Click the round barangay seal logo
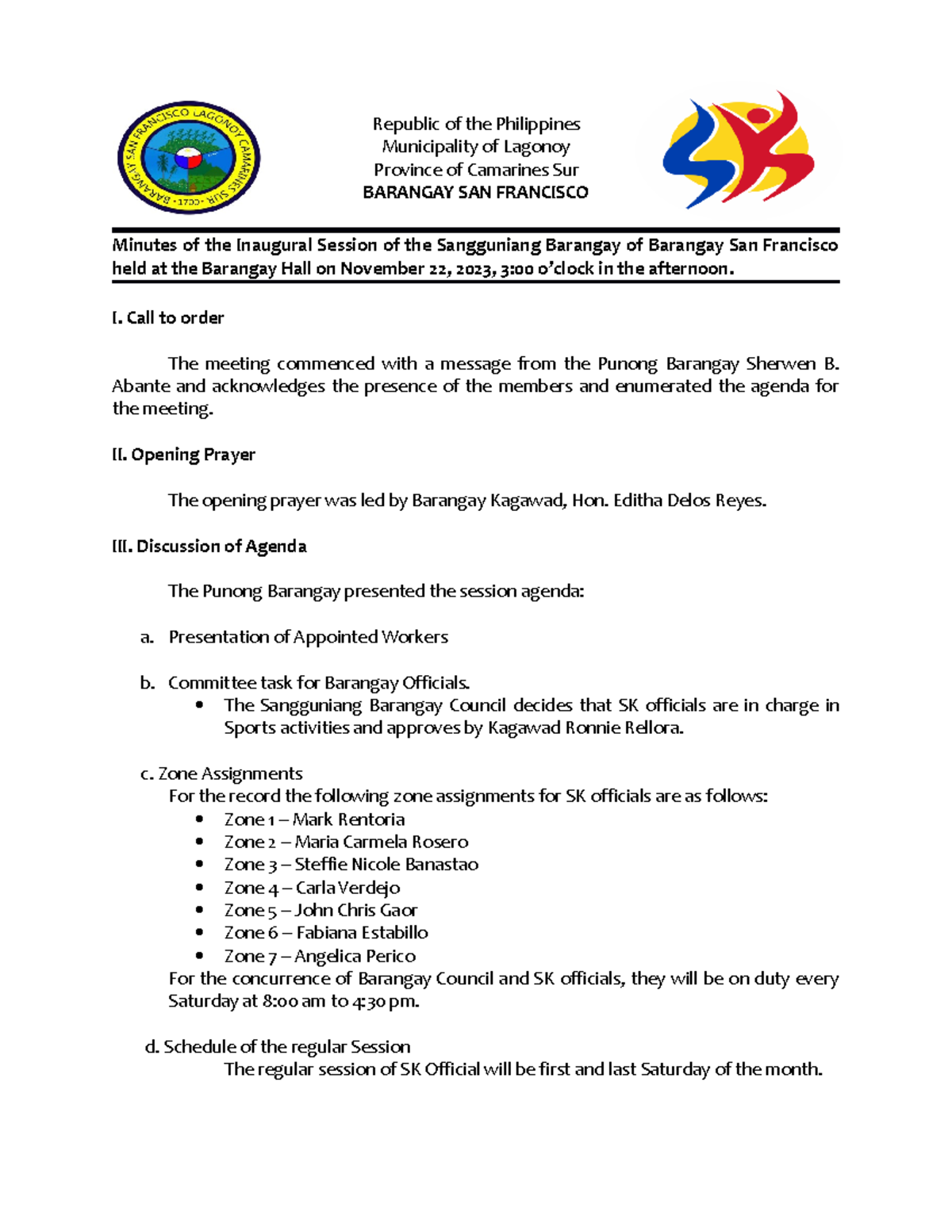tap(189, 157)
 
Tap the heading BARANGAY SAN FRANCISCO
tap(475, 193)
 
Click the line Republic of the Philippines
tap(476, 125)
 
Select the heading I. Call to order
tap(168, 318)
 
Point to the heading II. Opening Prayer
tap(184, 455)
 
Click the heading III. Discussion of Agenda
tap(209, 546)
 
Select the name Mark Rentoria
tap(348, 819)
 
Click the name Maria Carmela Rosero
tap(382, 842)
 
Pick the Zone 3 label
tap(250, 865)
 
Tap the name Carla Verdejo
tap(347, 888)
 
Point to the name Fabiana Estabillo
tap(362, 933)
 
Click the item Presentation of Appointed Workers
tap(308, 637)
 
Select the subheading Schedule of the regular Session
tap(286, 1047)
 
